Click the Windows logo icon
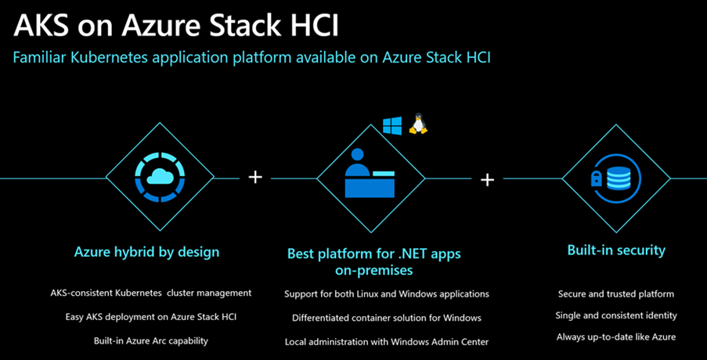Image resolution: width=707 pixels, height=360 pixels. [392, 125]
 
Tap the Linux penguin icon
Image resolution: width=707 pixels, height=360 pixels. [418, 124]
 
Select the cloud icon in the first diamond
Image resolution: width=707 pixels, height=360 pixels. [160, 176]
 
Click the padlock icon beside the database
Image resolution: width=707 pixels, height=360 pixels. [597, 180]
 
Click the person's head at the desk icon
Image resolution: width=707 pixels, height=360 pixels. [357, 155]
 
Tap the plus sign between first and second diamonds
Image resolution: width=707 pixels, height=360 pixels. [255, 177]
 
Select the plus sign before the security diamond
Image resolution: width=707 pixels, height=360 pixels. [487, 180]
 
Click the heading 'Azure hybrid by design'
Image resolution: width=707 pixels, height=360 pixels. [146, 252]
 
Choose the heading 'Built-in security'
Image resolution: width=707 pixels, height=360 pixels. [616, 250]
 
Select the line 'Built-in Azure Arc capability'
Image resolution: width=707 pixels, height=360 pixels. [151, 340]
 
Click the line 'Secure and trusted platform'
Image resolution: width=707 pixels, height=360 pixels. [616, 294]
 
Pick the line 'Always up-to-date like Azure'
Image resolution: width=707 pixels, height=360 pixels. [616, 337]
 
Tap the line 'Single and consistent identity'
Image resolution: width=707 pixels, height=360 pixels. [616, 315]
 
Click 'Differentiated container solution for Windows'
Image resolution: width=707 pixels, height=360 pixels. [387, 318]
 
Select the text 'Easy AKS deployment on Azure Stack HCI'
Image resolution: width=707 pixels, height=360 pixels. [151, 317]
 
